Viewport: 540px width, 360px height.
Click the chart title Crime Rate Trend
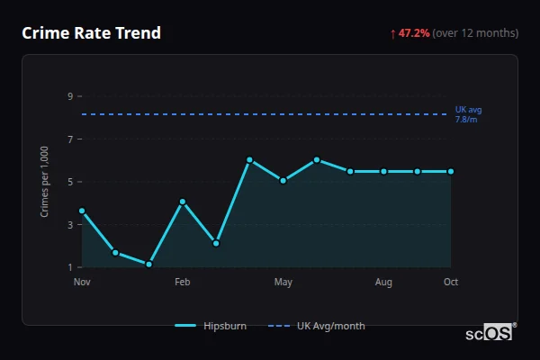92,33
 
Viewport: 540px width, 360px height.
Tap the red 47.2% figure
415,33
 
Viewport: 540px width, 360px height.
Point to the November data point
82,211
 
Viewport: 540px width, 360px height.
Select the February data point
183,202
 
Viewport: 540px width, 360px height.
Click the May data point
283,181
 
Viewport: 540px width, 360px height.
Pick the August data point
383,171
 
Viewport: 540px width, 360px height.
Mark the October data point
451,171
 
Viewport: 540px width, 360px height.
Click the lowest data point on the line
148,265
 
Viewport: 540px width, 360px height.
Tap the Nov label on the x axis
82,283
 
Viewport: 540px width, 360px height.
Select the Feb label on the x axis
183,283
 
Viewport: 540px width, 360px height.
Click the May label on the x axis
283,283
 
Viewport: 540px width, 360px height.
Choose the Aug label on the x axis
383,283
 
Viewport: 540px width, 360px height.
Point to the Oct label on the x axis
451,283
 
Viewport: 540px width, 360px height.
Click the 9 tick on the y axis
69,96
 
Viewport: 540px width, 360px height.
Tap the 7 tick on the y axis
69,139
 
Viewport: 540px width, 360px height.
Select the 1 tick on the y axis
69,267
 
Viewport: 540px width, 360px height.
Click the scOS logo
490,332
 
